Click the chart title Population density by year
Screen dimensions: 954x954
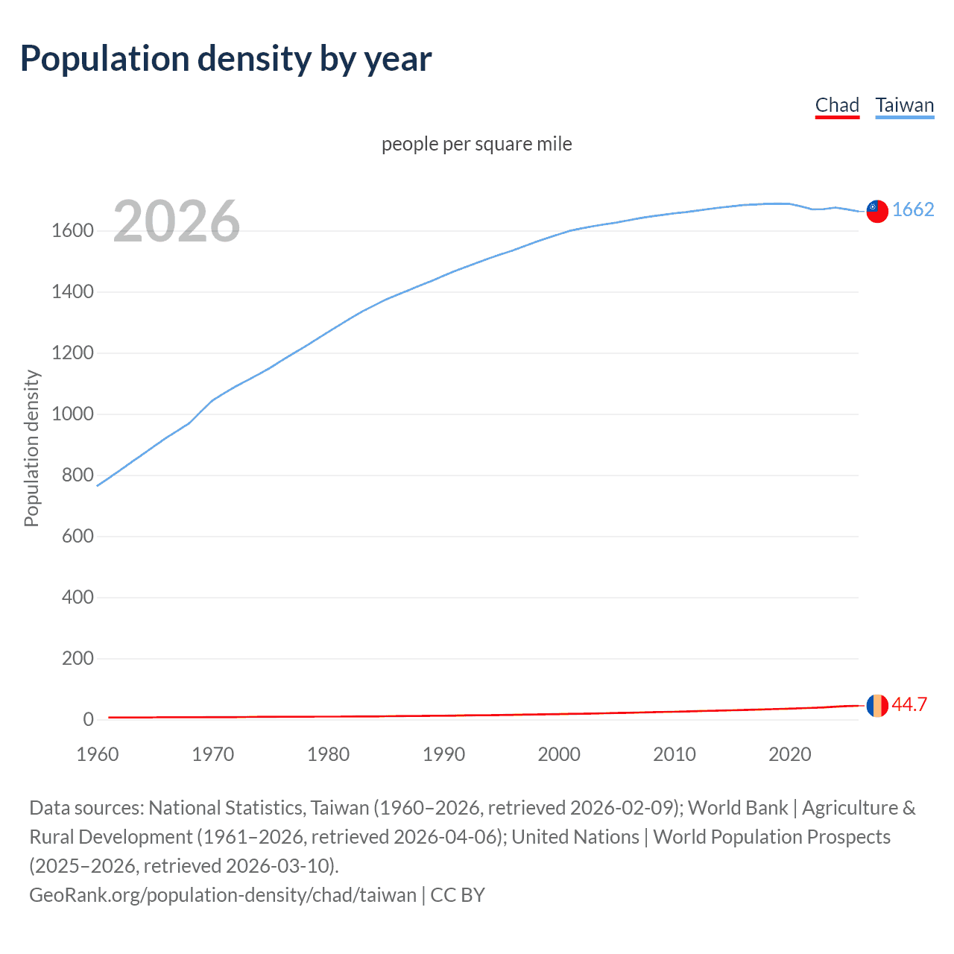[226, 59]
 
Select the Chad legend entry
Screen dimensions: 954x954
[837, 105]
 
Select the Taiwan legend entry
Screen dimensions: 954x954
[904, 105]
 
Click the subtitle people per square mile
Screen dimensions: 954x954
[476, 144]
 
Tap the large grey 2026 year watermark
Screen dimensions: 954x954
[177, 221]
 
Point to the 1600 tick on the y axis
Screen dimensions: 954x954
[72, 231]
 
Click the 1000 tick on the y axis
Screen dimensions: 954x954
[72, 414]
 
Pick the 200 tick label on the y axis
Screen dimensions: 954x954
[78, 659]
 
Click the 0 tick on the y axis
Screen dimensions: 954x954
[88, 720]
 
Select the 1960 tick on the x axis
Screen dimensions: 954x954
[98, 754]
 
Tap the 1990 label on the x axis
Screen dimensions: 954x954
[443, 754]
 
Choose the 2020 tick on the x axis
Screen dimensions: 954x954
[789, 754]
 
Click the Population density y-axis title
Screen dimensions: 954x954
[31, 449]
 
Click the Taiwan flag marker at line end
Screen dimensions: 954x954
[877, 211]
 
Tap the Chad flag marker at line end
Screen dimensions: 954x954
[877, 705]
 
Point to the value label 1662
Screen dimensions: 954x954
[913, 210]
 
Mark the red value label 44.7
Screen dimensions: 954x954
[909, 705]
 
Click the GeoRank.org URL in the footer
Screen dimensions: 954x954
[222, 895]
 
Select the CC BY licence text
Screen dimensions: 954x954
[458, 895]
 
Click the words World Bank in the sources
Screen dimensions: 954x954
[737, 808]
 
